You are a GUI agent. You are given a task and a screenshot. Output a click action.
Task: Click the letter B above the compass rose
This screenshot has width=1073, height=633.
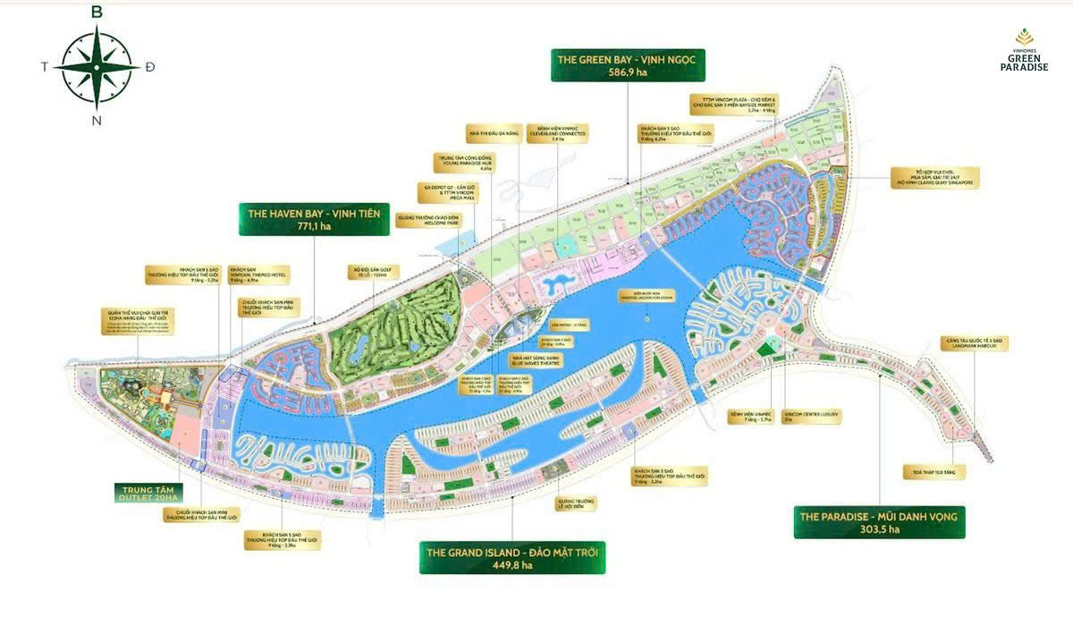click(97, 13)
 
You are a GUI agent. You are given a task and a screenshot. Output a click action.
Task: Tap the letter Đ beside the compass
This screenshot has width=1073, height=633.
click(149, 67)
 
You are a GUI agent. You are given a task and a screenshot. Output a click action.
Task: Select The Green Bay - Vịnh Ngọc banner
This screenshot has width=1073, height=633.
click(629, 64)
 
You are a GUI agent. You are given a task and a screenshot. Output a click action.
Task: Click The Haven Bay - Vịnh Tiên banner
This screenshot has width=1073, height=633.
click(313, 219)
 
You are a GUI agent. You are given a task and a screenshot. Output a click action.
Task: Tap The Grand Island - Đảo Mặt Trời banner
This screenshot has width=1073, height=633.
click(512, 556)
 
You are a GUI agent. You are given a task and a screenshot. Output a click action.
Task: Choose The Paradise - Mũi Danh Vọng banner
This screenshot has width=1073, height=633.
click(879, 522)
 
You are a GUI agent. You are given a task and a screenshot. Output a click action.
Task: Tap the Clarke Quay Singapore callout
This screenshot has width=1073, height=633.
click(935, 177)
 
